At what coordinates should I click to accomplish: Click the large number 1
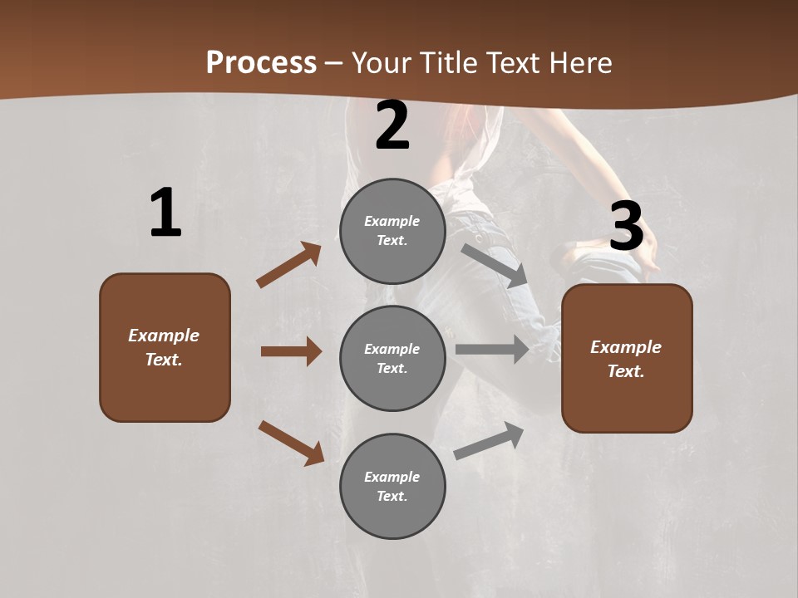point(165,213)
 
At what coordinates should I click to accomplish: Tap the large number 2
point(392,125)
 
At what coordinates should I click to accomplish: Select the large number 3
point(627,227)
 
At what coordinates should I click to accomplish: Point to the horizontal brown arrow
point(291,351)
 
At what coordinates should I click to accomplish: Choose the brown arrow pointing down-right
point(291,443)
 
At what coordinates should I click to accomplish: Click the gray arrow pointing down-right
point(495,265)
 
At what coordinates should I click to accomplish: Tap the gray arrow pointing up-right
point(489,440)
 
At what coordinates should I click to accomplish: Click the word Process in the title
point(261,63)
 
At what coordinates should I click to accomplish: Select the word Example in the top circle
point(392,221)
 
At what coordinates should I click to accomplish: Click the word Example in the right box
point(626,347)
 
